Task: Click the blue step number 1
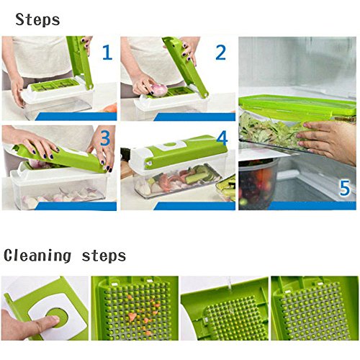pos(107,53)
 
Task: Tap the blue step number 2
pos(220,53)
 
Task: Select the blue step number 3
pos(105,138)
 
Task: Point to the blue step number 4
pos(222,138)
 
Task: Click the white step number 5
pos(345,188)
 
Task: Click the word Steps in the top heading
pos(37,19)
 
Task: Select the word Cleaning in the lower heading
pos(37,256)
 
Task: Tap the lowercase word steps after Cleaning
pos(104,256)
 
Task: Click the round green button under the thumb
pos(58,318)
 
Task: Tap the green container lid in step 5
pos(297,107)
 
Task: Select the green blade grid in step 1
pos(55,85)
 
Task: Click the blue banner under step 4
pos(194,206)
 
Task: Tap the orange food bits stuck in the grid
pos(142,315)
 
